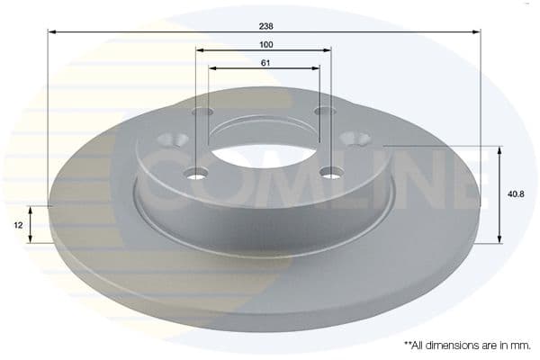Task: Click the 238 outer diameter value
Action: (265, 26)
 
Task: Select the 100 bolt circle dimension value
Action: (265, 44)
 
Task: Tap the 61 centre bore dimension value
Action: (265, 62)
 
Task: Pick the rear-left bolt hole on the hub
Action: (203, 112)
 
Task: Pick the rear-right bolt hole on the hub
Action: (324, 111)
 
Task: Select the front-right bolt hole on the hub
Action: (331, 171)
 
